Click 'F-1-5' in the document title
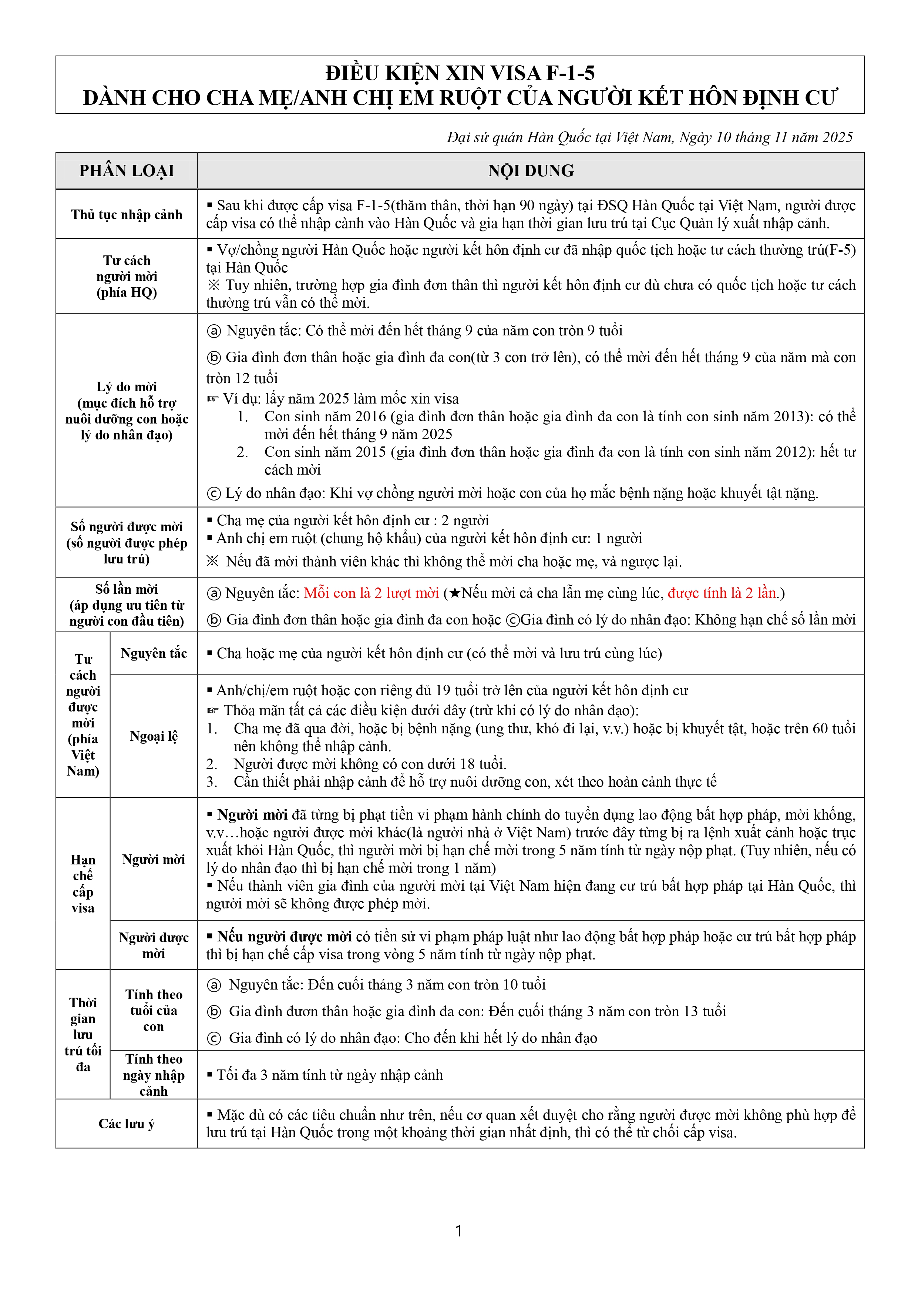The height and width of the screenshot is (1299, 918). pos(570,73)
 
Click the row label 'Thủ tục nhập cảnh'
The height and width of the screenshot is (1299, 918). pos(126,214)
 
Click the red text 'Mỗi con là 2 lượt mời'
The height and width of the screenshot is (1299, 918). pos(371,593)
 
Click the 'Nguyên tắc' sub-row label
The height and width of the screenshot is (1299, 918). pos(153,653)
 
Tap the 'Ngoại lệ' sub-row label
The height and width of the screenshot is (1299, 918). pos(153,736)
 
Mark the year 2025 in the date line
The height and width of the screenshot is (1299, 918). pos(837,137)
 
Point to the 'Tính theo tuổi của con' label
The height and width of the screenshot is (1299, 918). pos(153,1011)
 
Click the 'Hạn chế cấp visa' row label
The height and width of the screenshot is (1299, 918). pos(83,884)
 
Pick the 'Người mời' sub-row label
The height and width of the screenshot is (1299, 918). pos(153,860)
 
